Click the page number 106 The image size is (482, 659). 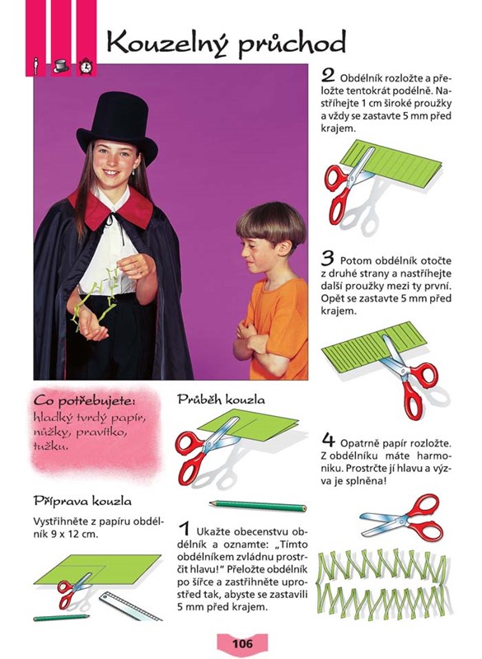(x=242, y=643)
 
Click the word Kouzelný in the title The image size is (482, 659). (x=168, y=44)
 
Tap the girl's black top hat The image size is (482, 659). (x=117, y=128)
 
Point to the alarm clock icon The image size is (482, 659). (x=87, y=67)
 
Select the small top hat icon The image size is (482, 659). (x=61, y=66)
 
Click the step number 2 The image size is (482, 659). (x=328, y=76)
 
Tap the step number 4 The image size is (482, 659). (x=329, y=440)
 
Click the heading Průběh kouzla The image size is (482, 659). (x=221, y=400)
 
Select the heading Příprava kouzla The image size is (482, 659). (x=82, y=501)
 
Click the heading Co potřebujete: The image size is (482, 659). (x=85, y=401)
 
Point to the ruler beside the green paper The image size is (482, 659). (x=130, y=606)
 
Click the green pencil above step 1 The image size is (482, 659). (x=258, y=506)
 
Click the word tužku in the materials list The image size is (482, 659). (x=50, y=446)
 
